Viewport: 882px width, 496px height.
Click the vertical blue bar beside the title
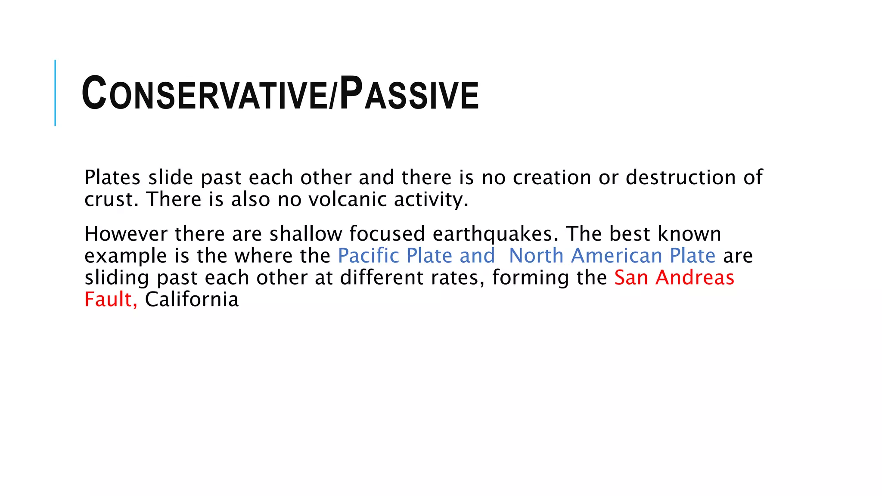(55, 93)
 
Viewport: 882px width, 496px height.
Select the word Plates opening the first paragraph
(112, 178)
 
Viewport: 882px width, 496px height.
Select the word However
(126, 234)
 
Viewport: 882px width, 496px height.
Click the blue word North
(536, 256)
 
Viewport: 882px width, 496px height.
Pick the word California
(192, 300)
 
